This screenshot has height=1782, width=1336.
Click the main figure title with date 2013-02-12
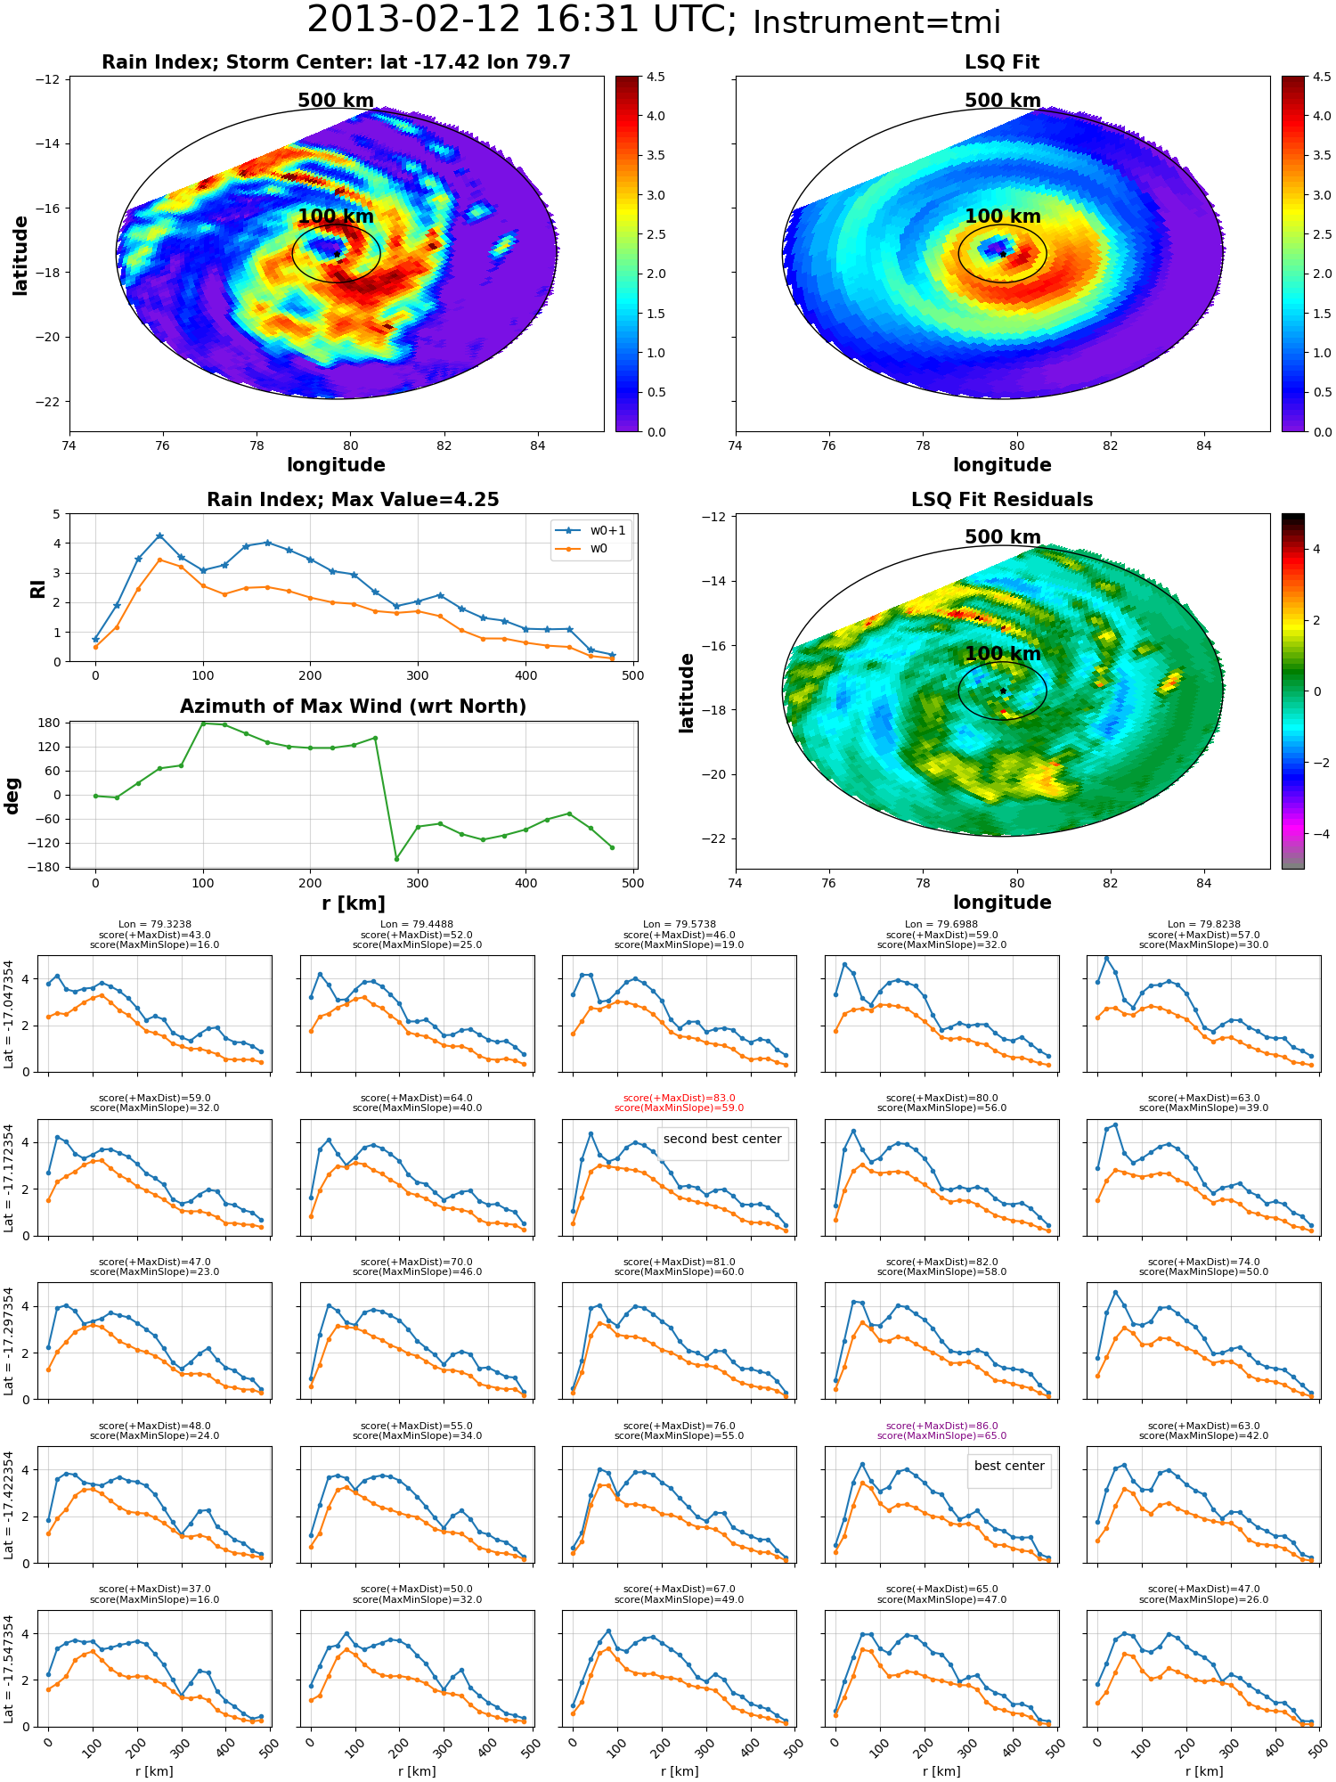654,20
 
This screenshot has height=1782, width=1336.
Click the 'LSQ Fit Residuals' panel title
1002,500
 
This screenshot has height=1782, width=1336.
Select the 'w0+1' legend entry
591,530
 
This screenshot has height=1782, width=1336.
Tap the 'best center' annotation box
1009,1466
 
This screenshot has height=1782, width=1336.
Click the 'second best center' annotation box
722,1139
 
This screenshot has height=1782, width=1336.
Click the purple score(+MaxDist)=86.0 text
941,1426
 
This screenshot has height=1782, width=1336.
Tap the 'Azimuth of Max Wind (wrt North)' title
353,707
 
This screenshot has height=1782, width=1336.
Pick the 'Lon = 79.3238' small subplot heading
155,925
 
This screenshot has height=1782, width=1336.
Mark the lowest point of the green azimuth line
396,859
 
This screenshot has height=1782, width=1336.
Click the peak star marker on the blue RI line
159,536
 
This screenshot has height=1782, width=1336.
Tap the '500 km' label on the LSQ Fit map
1002,101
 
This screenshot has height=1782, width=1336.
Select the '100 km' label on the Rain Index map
336,217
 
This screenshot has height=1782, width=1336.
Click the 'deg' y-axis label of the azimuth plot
12,796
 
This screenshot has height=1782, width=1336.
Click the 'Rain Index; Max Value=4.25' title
353,500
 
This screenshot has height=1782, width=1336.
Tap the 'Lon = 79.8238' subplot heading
1204,925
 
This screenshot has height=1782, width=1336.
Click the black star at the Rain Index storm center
337,254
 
